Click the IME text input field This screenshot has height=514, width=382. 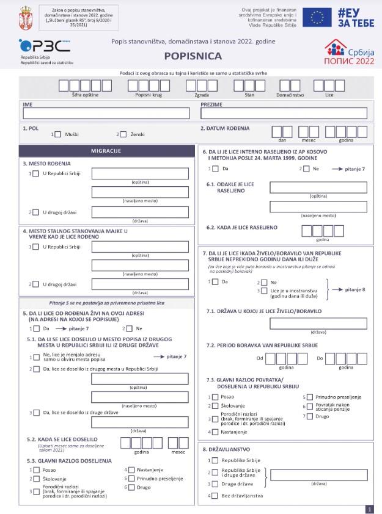pos(106,113)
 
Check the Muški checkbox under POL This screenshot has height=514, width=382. pos(59,134)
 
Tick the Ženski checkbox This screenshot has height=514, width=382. pos(123,134)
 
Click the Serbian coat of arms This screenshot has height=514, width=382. pos(25,14)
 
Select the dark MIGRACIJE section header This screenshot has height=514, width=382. pos(106,151)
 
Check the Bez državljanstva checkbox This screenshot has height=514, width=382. pos(214,495)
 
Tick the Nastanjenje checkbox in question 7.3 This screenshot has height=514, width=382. pos(214,432)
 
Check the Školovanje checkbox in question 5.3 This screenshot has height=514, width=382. pos(35,479)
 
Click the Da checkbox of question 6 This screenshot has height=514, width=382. pos(214,168)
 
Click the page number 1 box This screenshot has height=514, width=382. pos(369,509)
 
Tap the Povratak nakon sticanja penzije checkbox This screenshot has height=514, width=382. pos(309,406)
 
